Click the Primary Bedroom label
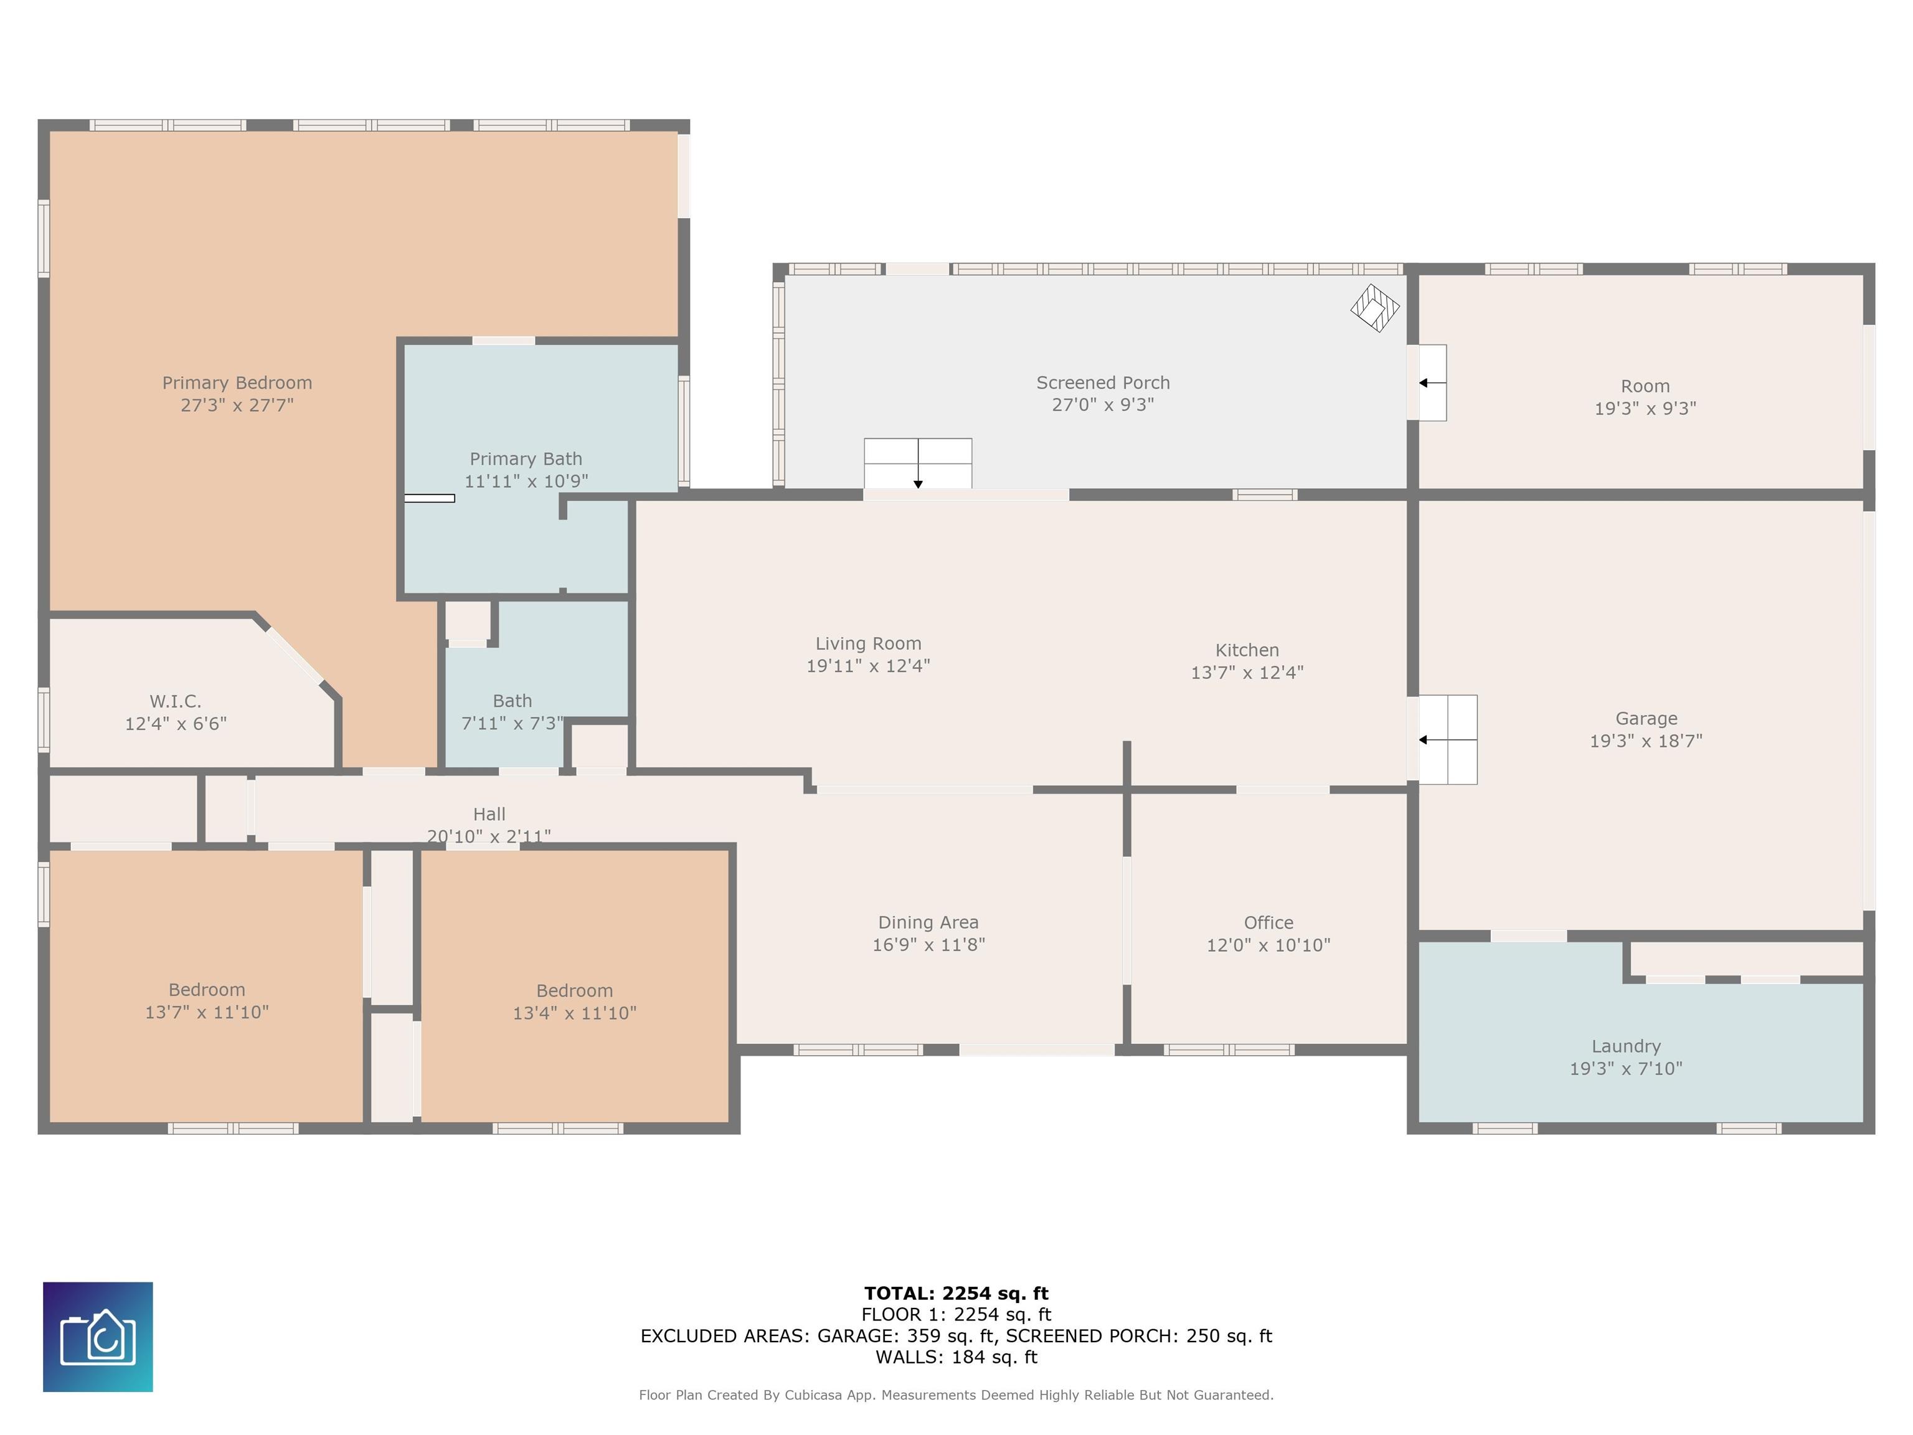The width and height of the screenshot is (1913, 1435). click(237, 382)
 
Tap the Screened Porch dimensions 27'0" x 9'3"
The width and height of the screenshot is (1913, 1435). click(1103, 405)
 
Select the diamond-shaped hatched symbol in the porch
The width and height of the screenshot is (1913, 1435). click(1375, 308)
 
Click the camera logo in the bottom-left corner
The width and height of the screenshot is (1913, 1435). click(98, 1337)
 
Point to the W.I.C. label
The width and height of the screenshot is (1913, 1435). click(176, 701)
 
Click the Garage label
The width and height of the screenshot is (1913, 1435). click(1646, 718)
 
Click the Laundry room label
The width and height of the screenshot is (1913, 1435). click(1626, 1046)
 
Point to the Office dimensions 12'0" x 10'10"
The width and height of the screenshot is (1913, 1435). click(1268, 945)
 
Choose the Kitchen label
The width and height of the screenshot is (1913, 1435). click(1247, 650)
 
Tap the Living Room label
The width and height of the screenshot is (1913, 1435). click(868, 643)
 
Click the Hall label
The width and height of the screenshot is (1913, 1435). click(489, 814)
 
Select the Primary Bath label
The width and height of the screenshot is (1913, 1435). click(526, 458)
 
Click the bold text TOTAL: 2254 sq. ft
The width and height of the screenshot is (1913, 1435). click(956, 1293)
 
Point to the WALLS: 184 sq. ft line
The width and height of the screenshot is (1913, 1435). click(956, 1357)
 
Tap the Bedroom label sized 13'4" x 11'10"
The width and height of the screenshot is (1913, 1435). click(574, 990)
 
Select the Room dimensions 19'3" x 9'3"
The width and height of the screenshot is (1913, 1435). click(1645, 409)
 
